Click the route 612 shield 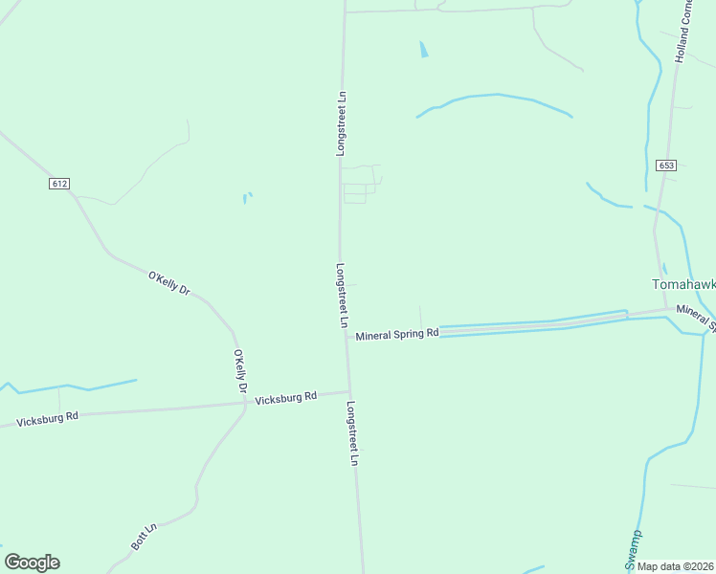[60, 184]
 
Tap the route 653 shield [666, 166]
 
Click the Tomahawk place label [682, 284]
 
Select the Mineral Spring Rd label [396, 335]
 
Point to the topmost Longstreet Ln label [341, 124]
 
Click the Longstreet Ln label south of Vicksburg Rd [353, 433]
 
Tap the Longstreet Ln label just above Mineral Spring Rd [341, 296]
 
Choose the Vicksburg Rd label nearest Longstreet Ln [285, 397]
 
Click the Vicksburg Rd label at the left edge [47, 418]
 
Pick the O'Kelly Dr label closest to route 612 [169, 283]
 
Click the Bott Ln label [144, 536]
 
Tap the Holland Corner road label [685, 32]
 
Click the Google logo [32, 563]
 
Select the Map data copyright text [675, 566]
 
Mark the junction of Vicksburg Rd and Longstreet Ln [348, 390]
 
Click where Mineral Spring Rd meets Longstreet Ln [346, 337]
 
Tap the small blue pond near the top [423, 49]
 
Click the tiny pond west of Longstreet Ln [247, 198]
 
